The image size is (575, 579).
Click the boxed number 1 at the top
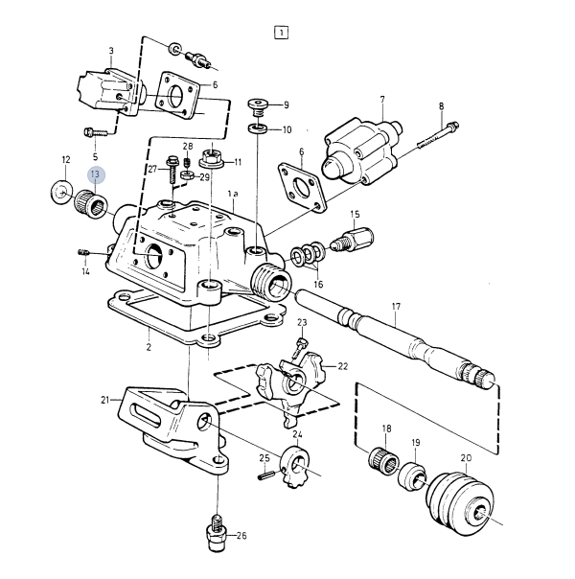pos(281,33)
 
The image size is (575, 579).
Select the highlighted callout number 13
pos(96,174)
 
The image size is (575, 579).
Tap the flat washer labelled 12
pos(61,192)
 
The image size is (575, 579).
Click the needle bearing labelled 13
pos(91,203)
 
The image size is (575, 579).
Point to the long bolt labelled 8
pos(439,135)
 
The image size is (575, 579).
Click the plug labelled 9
pos(258,107)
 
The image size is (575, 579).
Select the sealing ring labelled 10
pos(258,128)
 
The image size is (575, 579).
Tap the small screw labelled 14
pos(83,252)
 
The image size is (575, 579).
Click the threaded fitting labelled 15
pos(353,239)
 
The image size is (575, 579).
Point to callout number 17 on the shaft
pos(396,307)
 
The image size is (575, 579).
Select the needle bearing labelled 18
pos(384,461)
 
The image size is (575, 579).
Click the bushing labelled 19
pos(412,476)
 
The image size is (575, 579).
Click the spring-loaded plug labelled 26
pos(217,532)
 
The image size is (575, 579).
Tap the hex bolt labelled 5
pos(95,131)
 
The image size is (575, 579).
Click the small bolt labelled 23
pos(299,348)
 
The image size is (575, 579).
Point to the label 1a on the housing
pos(233,194)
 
